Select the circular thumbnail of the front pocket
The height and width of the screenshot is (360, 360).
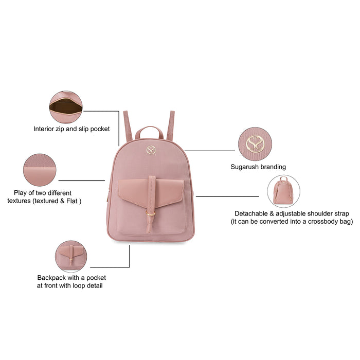pos(71,256)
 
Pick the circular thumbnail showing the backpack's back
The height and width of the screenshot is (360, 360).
pos(283,191)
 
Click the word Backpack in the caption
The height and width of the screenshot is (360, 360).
pos(53,278)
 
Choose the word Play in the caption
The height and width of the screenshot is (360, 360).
pos(21,192)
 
